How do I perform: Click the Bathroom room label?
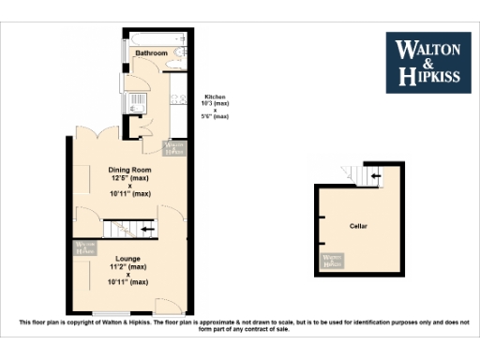tap(150, 53)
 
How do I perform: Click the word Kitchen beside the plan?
tap(215, 97)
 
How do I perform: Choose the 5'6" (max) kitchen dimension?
tap(215, 116)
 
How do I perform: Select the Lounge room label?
tap(128, 257)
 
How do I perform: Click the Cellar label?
tap(358, 227)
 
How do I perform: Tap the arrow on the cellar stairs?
tap(375, 174)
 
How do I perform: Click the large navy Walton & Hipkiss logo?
tap(430, 62)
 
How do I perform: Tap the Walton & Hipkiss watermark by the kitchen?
tap(174, 147)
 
